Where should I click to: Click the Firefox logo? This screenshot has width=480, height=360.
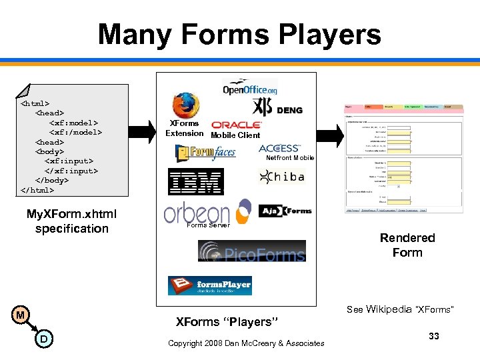point(185,106)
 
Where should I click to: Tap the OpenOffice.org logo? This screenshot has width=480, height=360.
point(250,87)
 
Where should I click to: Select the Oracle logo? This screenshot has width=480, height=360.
point(237,125)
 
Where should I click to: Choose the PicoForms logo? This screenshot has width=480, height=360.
point(251,251)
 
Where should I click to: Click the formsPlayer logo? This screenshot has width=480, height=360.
point(209,285)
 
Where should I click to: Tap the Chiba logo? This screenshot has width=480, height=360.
point(281,177)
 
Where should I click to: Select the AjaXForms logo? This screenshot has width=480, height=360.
point(285,211)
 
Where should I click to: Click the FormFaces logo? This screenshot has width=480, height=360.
point(206,153)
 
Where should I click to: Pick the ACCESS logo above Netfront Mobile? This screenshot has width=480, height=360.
point(279,148)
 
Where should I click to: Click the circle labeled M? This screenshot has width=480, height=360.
point(21,315)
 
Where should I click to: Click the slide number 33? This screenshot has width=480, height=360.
point(434,336)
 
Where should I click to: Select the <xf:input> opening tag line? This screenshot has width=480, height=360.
point(69,161)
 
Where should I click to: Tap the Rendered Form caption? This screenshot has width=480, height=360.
point(407,245)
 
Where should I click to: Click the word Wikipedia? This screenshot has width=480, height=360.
point(389,309)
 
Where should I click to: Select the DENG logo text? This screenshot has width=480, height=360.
point(289,110)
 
